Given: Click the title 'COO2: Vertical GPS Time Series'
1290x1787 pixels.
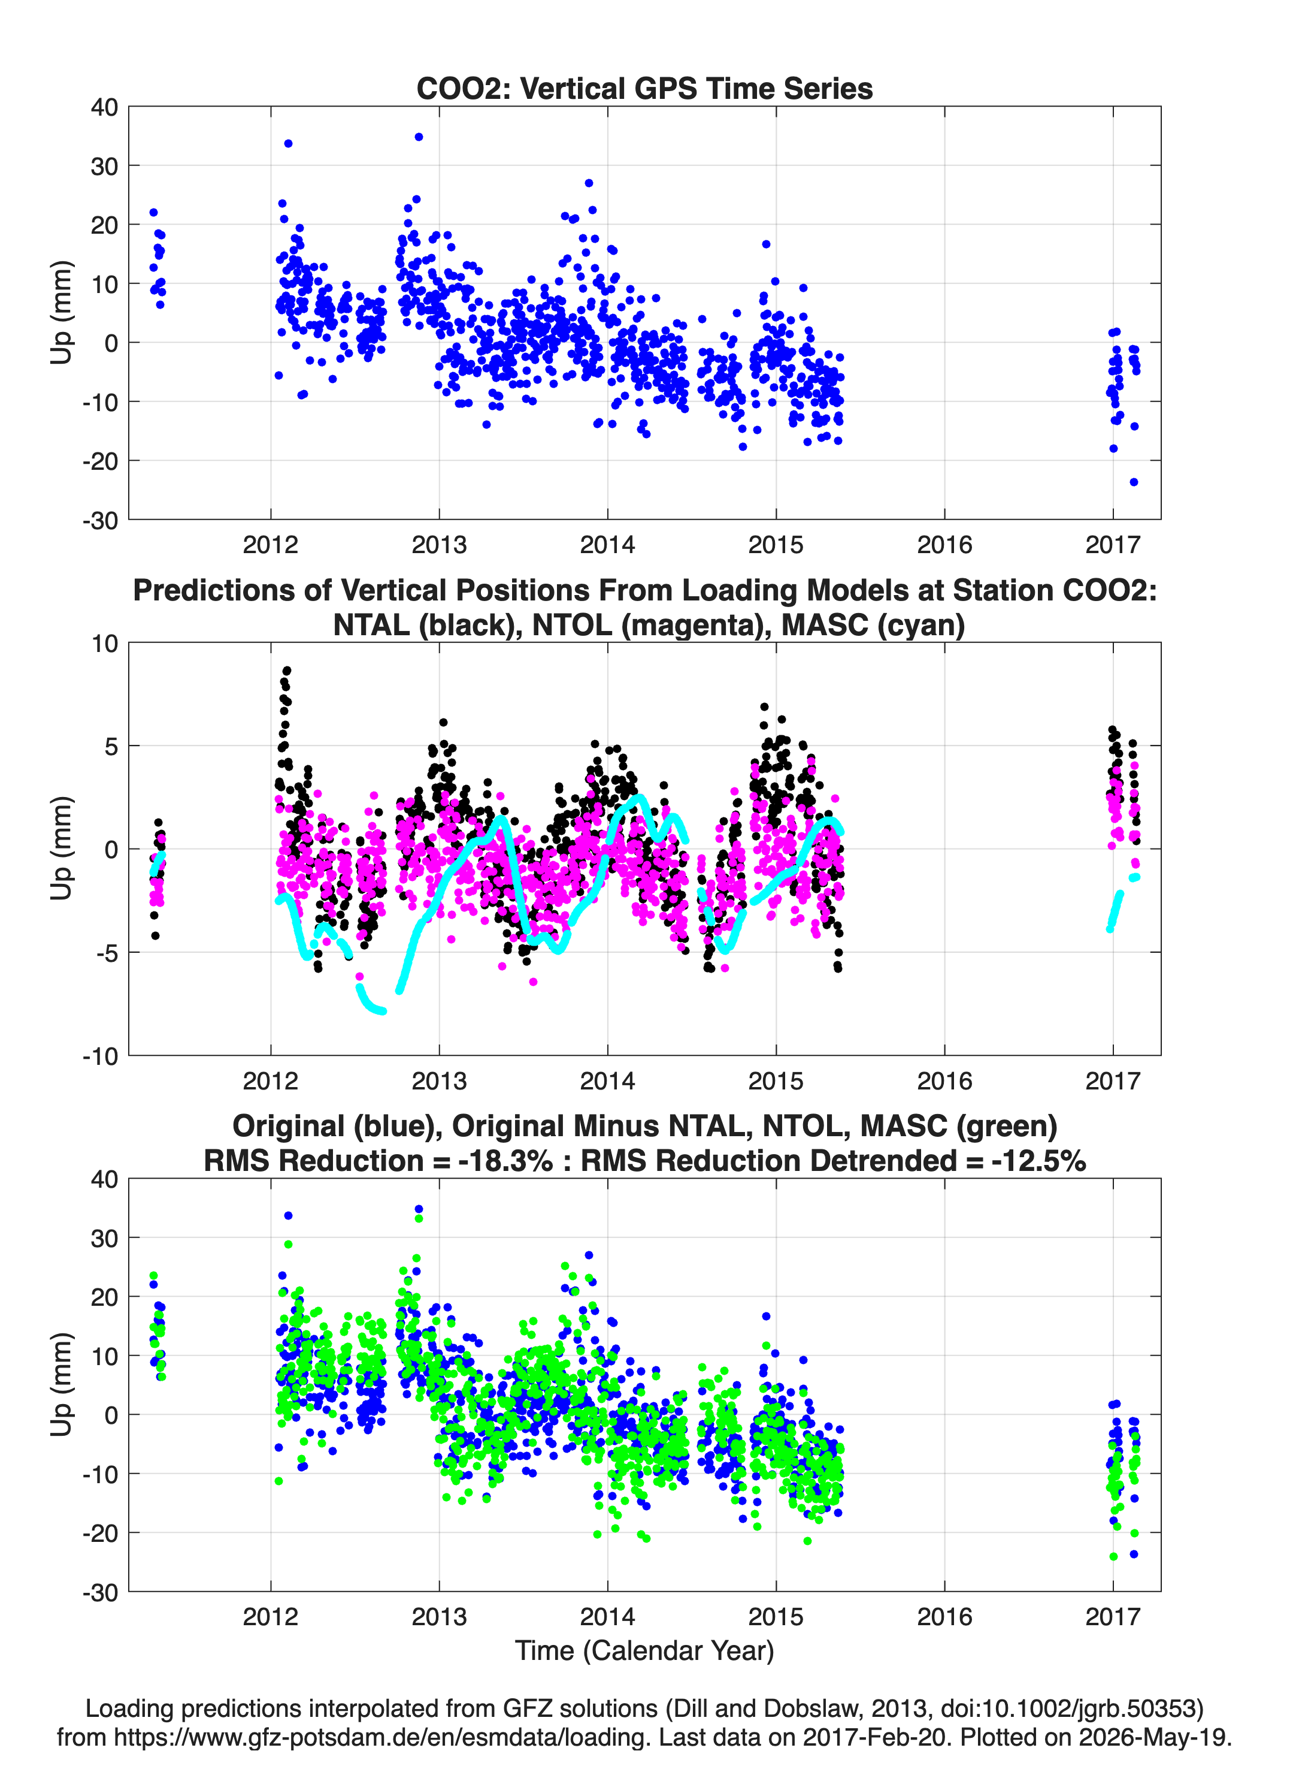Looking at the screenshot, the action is (x=644, y=88).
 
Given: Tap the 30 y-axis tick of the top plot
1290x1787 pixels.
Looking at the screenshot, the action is (x=102, y=165).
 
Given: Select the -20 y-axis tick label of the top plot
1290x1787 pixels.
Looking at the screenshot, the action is (x=100, y=460).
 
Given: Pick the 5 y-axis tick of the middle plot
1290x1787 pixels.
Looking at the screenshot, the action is (x=111, y=745).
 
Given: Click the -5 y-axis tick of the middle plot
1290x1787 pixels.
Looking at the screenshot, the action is (x=107, y=953).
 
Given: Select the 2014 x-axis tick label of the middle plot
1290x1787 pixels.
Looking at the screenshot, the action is (x=607, y=1080).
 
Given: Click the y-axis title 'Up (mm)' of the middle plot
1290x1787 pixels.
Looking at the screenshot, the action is (x=62, y=849).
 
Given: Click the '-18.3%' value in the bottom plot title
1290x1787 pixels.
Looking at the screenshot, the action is (x=505, y=1161).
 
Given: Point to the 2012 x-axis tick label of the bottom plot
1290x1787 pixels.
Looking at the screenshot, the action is (x=271, y=1616).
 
